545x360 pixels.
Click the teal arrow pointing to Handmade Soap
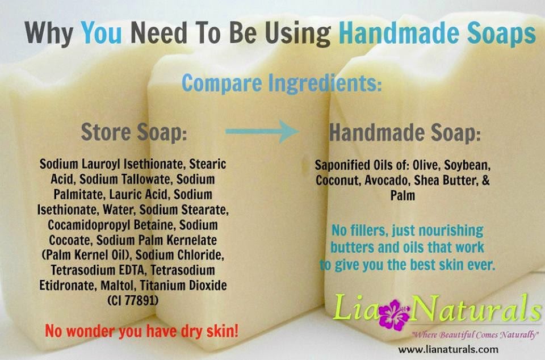(262, 132)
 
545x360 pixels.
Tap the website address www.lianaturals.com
(448, 349)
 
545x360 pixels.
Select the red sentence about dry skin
(141, 330)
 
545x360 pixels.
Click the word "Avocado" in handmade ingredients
(393, 181)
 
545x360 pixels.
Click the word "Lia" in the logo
(355, 310)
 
